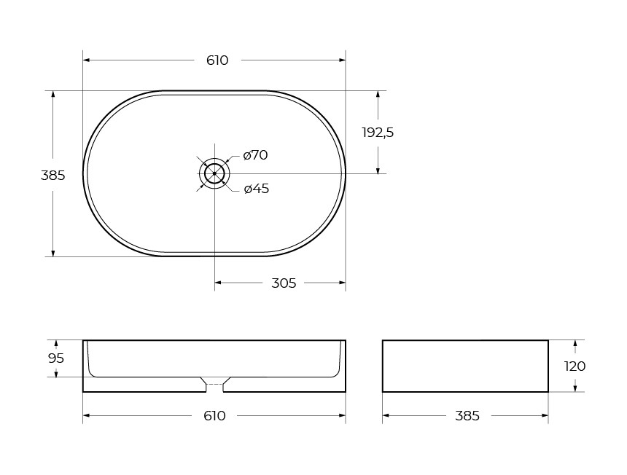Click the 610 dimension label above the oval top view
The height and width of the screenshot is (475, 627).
(217, 60)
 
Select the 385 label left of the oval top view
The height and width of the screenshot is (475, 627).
(52, 176)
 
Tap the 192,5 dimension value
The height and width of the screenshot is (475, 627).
(378, 133)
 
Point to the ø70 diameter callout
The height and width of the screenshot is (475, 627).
(256, 155)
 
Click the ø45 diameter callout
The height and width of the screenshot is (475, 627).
(257, 189)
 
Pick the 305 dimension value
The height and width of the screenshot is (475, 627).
(284, 283)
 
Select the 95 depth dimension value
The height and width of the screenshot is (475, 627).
(56, 358)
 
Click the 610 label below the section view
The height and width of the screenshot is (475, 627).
(214, 416)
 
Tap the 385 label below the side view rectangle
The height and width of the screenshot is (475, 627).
(467, 416)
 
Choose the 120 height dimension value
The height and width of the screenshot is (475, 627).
(575, 366)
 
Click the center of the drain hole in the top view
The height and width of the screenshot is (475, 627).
(214, 173)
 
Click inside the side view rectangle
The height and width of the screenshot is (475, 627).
(465, 366)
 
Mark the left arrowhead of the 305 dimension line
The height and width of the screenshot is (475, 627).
(218, 283)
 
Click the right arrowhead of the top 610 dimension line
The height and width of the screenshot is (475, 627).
(342, 60)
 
